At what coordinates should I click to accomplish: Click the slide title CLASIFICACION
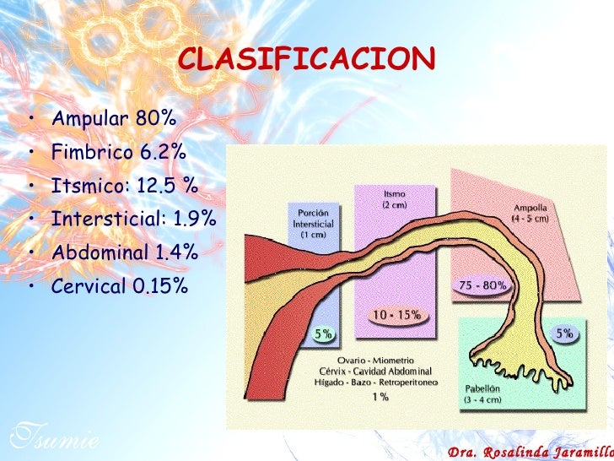click(307, 60)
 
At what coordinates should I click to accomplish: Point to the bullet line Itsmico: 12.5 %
click(124, 186)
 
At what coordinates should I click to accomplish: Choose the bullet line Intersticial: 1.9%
click(133, 219)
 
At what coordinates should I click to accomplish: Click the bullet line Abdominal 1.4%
click(125, 252)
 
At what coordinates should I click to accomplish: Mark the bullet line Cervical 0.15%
click(120, 285)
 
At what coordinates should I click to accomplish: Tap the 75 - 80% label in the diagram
click(482, 285)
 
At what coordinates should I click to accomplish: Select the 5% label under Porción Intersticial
click(323, 334)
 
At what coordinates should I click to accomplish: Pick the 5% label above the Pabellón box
click(563, 334)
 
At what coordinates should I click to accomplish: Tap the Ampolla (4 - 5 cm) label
click(530, 213)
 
